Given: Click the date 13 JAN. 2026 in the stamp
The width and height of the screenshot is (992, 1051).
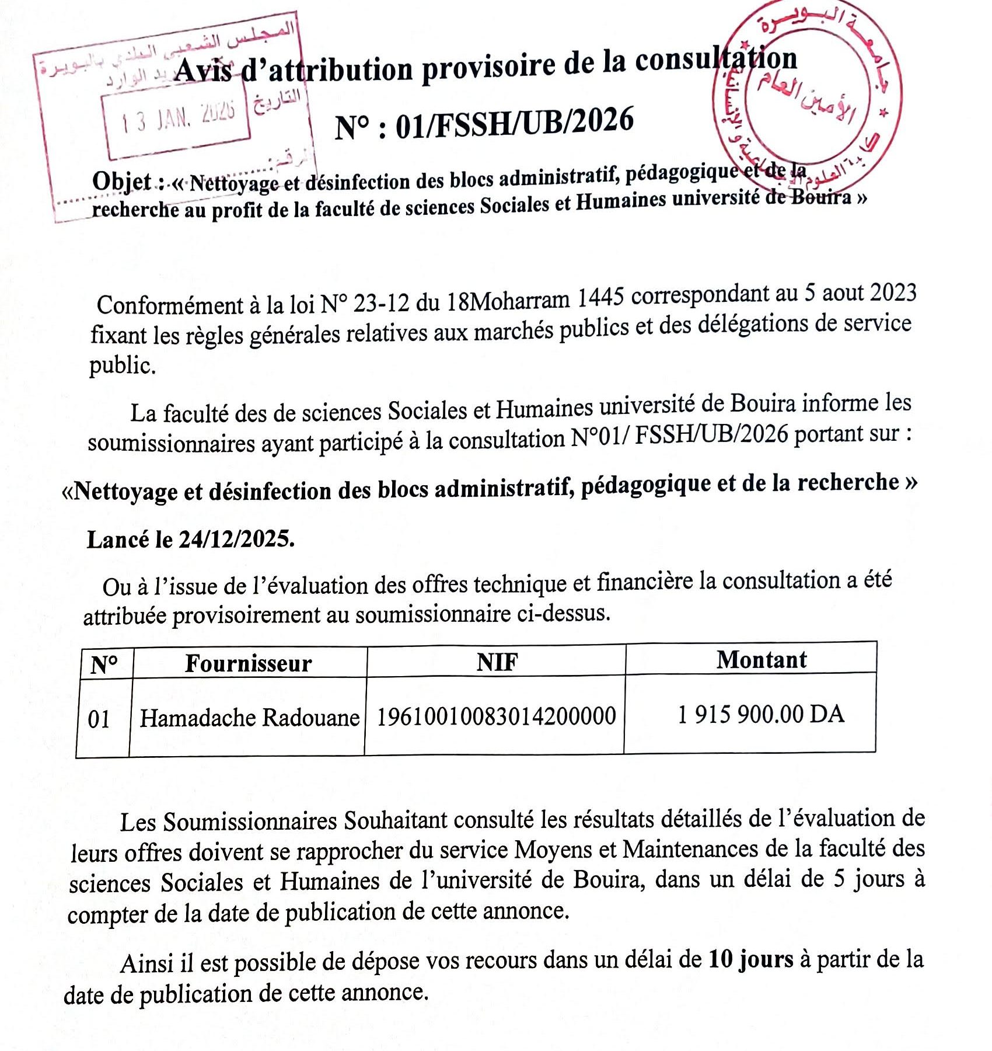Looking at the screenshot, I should pos(178,117).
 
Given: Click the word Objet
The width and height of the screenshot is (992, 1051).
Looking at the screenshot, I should pos(121,182).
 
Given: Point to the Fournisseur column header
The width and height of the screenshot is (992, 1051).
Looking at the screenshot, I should pos(249,663).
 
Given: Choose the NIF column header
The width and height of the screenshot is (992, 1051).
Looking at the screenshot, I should pos(497,662).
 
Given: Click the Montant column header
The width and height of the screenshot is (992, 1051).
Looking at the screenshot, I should pos(762,660).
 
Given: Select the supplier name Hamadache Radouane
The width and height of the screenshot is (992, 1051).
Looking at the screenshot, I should pos(249,718).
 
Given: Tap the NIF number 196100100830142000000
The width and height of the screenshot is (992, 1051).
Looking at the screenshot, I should pos(496,716).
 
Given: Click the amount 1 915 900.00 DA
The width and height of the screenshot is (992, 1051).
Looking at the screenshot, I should pos(761,714).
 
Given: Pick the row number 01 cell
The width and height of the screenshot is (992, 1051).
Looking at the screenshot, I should pos(99,719).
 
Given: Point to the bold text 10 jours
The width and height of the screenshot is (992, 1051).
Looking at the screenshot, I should pos(751,959).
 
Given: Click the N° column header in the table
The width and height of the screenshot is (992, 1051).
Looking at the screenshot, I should pos(104,664).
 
